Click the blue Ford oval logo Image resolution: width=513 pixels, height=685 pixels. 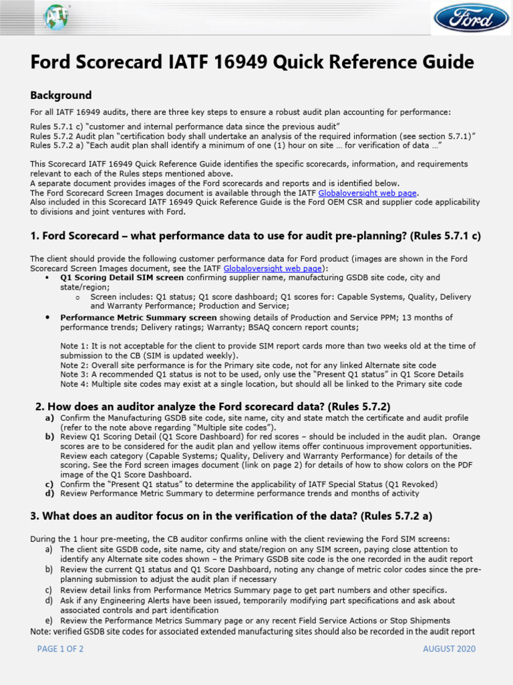(471, 18)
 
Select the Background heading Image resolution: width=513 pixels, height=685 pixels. (61, 95)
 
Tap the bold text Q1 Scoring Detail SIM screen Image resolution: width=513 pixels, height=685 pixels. (122, 277)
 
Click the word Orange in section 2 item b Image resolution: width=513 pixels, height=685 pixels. (466, 436)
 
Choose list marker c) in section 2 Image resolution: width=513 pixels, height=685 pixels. (49, 484)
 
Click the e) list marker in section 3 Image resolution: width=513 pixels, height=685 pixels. (49, 620)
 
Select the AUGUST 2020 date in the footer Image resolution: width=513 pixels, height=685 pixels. (450, 649)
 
